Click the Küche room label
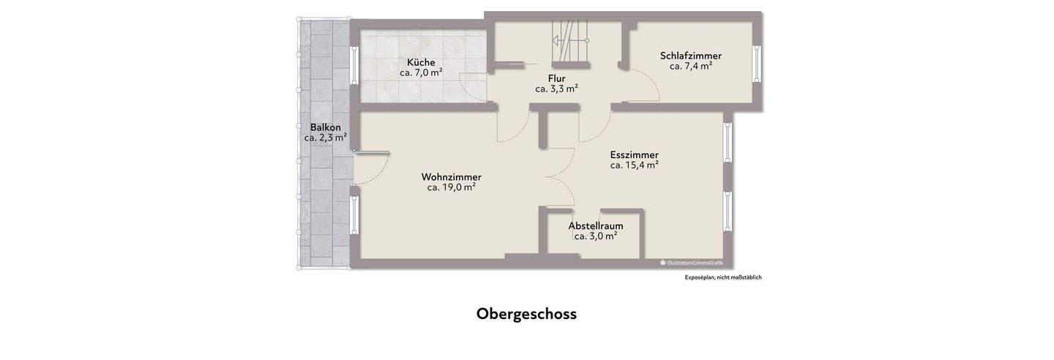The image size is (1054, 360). [421, 62]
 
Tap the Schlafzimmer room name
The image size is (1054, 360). [690, 56]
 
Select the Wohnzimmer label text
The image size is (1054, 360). [451, 177]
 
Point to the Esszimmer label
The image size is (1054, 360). [634, 154]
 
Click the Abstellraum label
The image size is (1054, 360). [595, 225]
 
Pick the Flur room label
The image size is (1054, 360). [556, 78]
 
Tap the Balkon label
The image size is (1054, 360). [325, 127]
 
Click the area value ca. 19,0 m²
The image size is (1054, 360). [451, 187]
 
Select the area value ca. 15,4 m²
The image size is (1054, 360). [634, 165]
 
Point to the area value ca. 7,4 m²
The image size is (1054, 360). [690, 66]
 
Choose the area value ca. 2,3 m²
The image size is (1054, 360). [325, 138]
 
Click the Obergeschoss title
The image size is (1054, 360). [526, 314]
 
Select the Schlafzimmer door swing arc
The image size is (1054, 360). [648, 84]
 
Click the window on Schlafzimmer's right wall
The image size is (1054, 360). [757, 65]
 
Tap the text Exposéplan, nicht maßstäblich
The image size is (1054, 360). [722, 277]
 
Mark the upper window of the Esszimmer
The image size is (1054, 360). [728, 142]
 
